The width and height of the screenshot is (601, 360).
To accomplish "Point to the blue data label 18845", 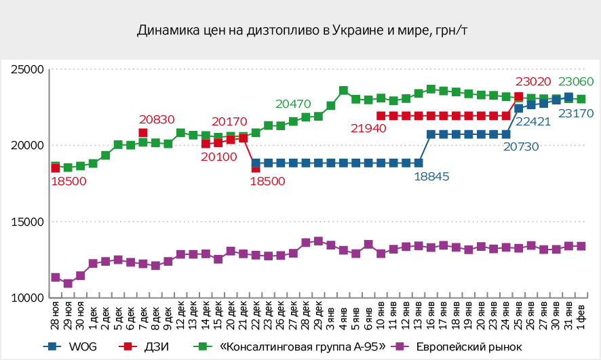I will [432, 176].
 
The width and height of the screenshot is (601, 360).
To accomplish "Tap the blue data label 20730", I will [522, 146].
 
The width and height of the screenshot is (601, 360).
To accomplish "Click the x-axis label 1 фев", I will [581, 313].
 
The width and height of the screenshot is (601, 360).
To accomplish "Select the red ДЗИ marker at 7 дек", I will [143, 133].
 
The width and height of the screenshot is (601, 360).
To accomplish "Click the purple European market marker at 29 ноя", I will [68, 283].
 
